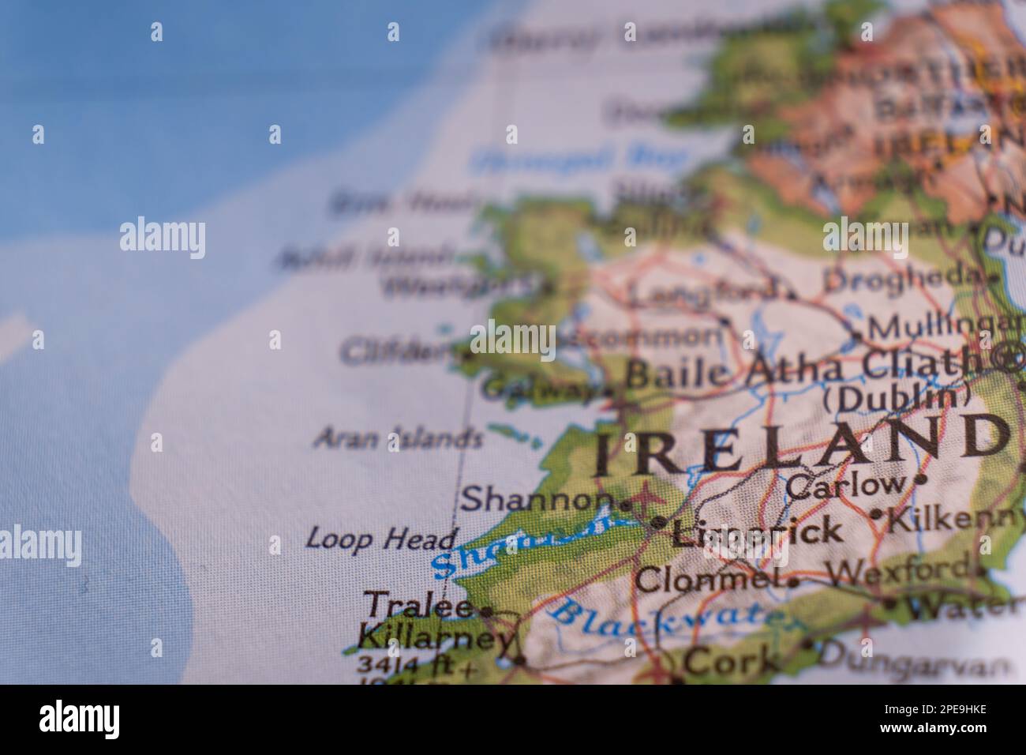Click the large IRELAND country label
click(x=801, y=444)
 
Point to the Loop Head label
click(x=381, y=539)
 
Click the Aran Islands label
click(x=398, y=438)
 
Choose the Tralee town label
click(x=420, y=607)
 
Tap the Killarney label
click(x=435, y=637)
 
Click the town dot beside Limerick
click(x=659, y=522)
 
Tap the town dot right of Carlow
click(x=919, y=479)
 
